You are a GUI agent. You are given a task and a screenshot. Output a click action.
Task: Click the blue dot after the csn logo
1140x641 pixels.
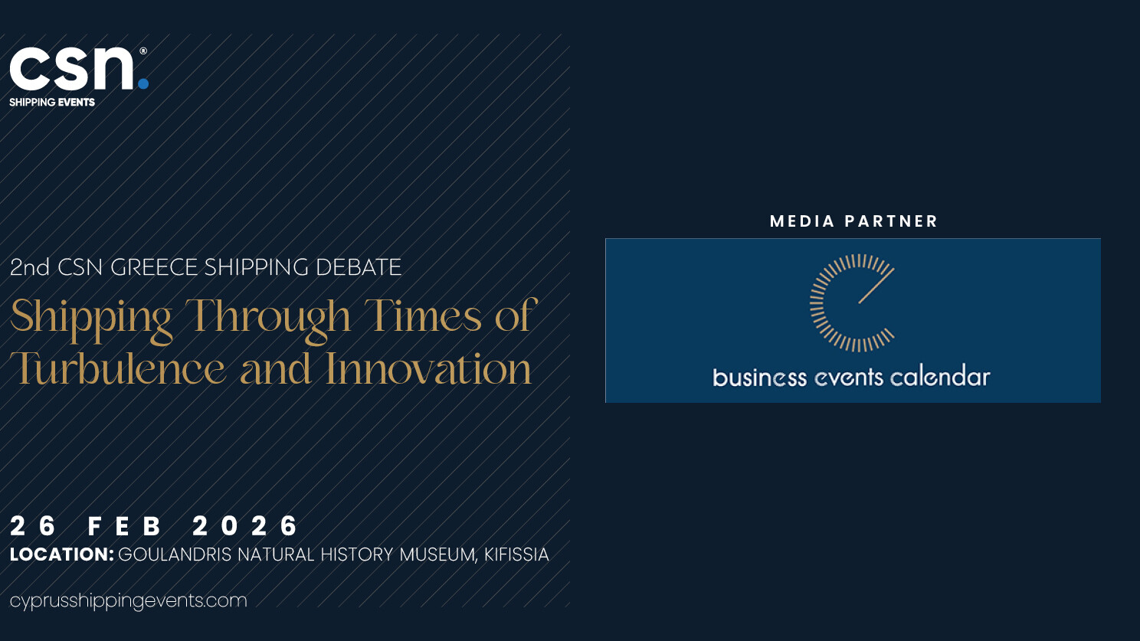click(x=143, y=83)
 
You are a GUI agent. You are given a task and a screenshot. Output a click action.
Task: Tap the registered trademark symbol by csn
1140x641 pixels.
click(x=143, y=51)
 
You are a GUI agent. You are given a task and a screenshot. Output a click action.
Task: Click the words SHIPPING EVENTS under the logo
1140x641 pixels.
click(x=52, y=103)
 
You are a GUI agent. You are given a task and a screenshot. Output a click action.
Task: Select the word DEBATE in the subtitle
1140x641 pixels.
click(x=359, y=267)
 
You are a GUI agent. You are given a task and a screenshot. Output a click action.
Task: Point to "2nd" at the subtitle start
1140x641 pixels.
click(x=30, y=267)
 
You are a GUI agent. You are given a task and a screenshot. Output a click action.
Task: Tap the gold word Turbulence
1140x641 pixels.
click(x=117, y=368)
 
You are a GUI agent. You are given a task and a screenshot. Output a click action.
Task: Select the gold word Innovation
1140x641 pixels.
click(x=428, y=368)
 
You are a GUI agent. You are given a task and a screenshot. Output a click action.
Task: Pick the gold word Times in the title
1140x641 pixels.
click(x=423, y=315)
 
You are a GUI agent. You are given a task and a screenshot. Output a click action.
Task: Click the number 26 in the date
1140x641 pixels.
click(x=33, y=525)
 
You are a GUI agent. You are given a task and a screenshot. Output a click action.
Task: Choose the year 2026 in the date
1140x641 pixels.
click(x=244, y=525)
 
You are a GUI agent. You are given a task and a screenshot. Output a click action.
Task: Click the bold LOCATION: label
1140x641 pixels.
click(x=61, y=554)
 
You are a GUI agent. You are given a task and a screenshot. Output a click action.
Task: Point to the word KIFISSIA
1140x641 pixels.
click(x=516, y=554)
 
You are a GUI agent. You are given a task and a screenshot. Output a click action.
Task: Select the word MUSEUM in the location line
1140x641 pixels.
click(x=438, y=555)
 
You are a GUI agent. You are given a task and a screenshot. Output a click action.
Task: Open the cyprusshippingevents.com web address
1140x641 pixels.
click(x=128, y=601)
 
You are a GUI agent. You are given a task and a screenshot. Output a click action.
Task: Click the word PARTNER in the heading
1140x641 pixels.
click(x=890, y=221)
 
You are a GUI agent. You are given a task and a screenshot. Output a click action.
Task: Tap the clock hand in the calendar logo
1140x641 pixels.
click(x=876, y=286)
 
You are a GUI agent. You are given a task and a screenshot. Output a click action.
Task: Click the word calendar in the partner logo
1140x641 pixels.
click(x=939, y=377)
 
